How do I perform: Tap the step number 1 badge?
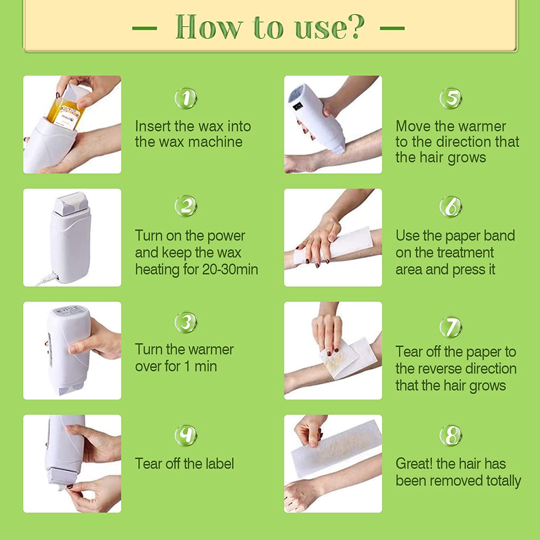tap(186, 98)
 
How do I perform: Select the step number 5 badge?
tap(451, 98)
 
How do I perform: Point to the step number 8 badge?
tap(451, 435)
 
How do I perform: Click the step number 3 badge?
tap(186, 322)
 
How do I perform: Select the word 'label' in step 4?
tap(219, 464)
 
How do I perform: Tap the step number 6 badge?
tap(451, 206)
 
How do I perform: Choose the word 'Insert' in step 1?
tap(153, 126)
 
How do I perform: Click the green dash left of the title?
tap(144, 28)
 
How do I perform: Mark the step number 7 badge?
tap(451, 327)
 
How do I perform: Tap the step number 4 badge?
tap(186, 435)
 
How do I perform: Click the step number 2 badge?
tap(186, 206)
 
